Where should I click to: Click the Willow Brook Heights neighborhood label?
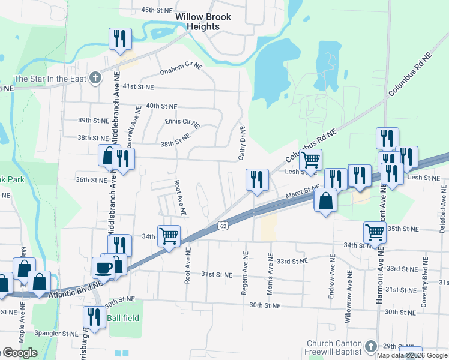203,22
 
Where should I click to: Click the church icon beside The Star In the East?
95,78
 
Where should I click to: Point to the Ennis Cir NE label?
182,122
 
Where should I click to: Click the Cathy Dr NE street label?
243,143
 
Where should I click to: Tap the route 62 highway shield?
223,226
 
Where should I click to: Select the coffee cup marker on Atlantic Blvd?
103,266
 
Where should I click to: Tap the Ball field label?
124,317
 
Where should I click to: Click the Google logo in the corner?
19,353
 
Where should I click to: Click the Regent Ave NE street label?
245,272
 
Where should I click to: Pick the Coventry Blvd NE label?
424,282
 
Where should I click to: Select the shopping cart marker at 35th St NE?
375,232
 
